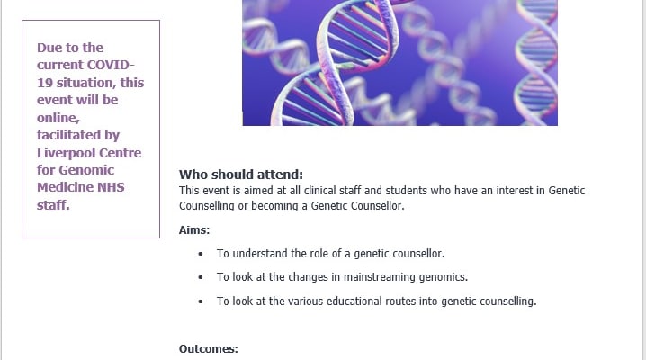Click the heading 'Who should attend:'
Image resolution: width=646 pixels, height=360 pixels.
click(241, 175)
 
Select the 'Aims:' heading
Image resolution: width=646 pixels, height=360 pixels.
click(194, 229)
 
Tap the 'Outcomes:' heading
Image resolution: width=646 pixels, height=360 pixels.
click(209, 349)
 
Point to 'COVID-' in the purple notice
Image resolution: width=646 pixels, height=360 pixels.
click(109, 65)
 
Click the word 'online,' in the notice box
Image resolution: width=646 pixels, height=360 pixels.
click(58, 118)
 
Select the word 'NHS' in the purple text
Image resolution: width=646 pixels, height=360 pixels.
click(111, 187)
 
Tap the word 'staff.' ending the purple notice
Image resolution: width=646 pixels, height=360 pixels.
click(54, 205)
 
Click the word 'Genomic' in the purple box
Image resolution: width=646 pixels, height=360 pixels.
click(86, 170)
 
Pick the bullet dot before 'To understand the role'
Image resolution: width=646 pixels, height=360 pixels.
click(201, 254)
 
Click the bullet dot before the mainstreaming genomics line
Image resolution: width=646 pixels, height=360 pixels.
click(201, 277)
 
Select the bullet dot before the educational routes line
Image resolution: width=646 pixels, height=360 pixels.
click(201, 301)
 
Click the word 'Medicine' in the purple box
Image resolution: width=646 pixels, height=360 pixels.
click(66, 187)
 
